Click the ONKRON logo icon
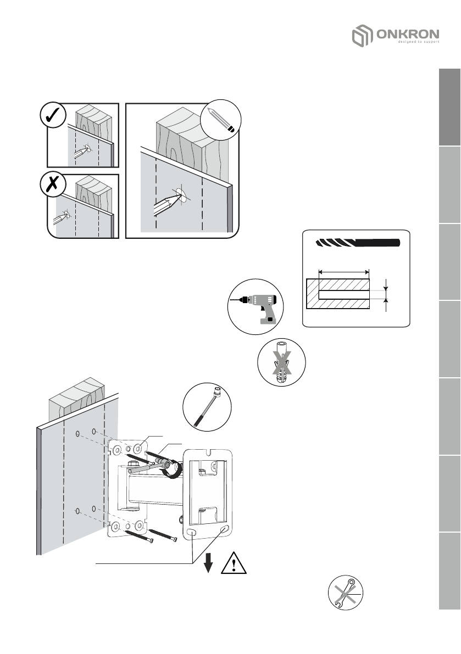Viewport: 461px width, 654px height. (x=362, y=37)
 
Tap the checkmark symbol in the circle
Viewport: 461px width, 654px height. (x=54, y=116)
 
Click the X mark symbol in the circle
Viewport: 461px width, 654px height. (x=54, y=186)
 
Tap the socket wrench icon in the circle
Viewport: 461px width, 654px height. (x=207, y=406)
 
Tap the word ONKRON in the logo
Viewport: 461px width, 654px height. (x=408, y=35)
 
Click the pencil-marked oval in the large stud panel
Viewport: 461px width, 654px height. (x=180, y=195)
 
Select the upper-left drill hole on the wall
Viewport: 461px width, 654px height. (x=78, y=433)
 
